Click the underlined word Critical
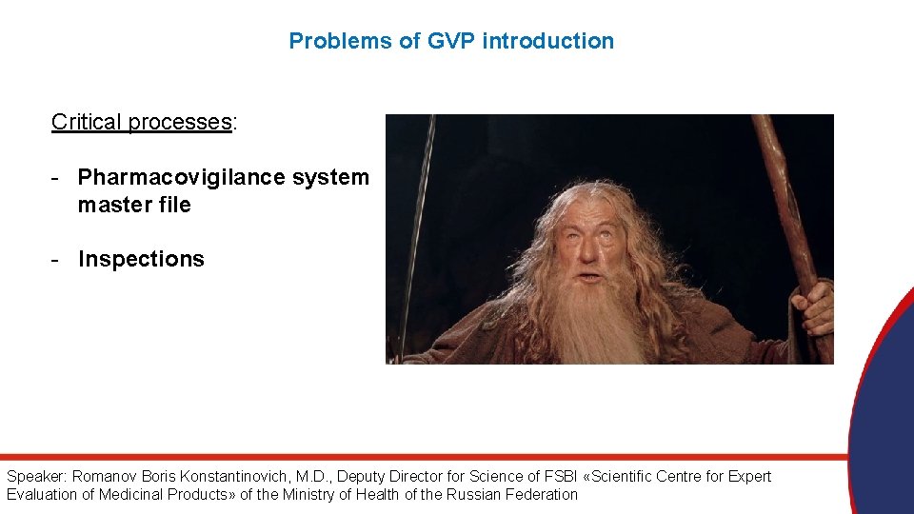pyautogui.click(x=87, y=122)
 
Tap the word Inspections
pyautogui.click(x=141, y=259)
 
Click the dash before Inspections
pyautogui.click(x=58, y=259)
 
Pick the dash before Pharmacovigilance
pyautogui.click(x=58, y=177)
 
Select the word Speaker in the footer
pyautogui.click(x=35, y=476)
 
